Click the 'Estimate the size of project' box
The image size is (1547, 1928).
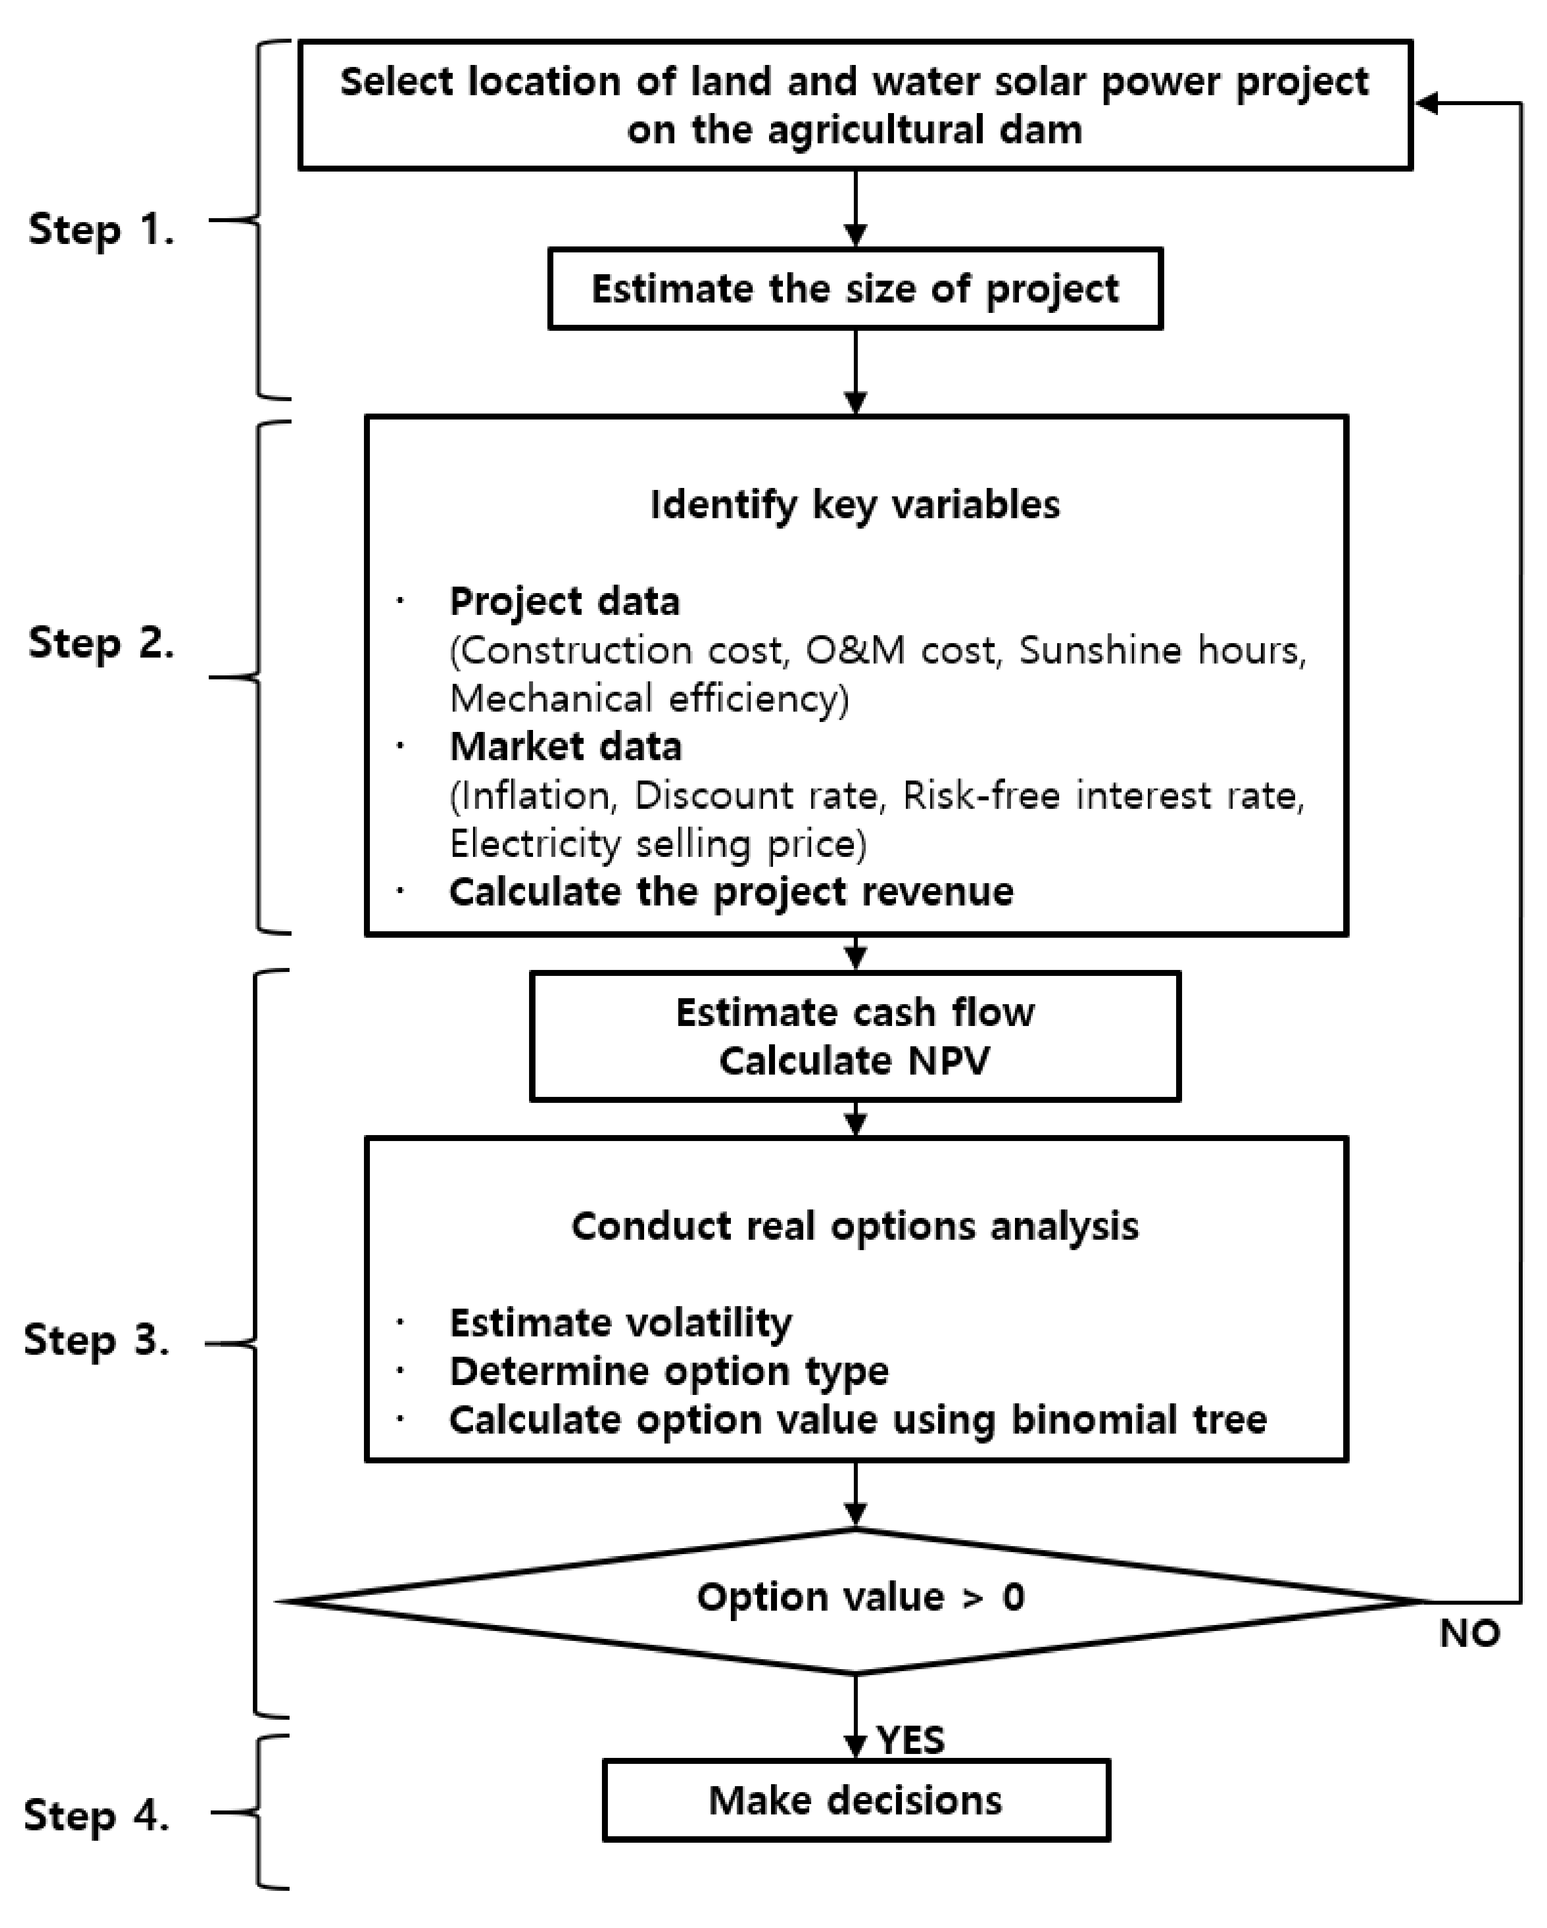(x=855, y=289)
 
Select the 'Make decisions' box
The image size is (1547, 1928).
(x=855, y=1800)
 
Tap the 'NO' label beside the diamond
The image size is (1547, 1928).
(x=1469, y=1634)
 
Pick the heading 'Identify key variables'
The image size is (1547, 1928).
(x=855, y=505)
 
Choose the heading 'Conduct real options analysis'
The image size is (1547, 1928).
(x=855, y=1226)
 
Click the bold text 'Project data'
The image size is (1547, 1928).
(x=564, y=602)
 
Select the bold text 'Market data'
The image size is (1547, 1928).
(x=565, y=747)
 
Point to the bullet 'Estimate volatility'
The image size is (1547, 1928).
(x=621, y=1323)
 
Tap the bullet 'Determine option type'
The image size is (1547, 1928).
(x=669, y=1372)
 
